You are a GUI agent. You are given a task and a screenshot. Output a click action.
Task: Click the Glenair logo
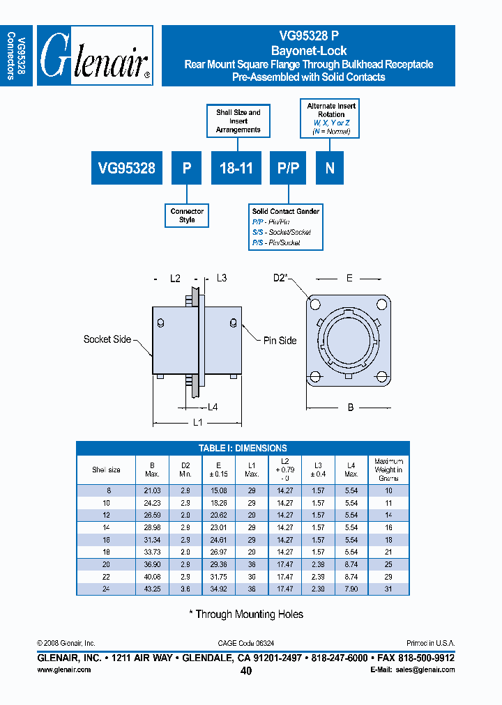point(95,56)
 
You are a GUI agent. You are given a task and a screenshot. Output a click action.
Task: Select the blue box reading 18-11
point(237,168)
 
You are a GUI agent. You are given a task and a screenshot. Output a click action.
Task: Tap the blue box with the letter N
point(330,168)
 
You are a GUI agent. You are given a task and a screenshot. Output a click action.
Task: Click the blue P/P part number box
point(288,168)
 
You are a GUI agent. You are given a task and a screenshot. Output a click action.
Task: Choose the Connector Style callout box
point(187,215)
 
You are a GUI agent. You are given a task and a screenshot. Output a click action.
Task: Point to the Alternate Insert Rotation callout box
point(331,118)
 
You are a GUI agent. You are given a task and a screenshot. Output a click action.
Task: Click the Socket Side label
point(107,339)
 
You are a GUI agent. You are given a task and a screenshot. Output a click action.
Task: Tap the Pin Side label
point(280,341)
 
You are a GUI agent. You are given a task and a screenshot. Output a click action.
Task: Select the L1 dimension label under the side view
point(197,422)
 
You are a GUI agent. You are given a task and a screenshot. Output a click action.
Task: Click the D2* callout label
point(280,278)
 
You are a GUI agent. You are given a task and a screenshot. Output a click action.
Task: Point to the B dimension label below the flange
point(350,407)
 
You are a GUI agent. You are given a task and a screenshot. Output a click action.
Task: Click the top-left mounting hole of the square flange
point(316,304)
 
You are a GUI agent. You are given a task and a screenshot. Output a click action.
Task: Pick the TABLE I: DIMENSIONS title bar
point(243,448)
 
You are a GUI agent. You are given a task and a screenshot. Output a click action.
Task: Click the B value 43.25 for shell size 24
point(153,589)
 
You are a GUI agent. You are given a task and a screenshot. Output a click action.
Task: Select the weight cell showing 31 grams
point(388,589)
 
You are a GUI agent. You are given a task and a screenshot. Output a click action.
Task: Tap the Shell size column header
point(106,470)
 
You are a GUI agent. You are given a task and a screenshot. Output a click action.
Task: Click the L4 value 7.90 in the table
point(351,589)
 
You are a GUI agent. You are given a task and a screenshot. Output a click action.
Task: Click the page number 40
point(246,671)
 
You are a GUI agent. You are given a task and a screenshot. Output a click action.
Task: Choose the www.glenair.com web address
point(63,669)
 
